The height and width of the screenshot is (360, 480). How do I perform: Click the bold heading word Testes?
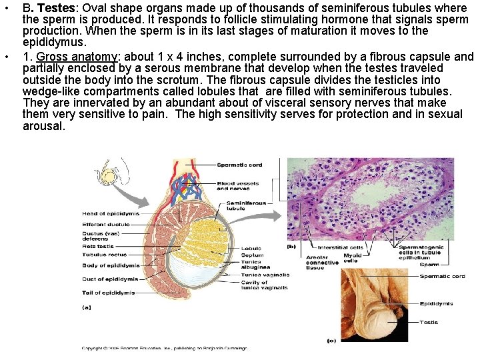tap(55, 9)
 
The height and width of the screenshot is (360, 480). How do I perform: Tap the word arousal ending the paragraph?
tap(43, 125)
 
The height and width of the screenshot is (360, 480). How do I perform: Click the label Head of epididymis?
tap(110, 213)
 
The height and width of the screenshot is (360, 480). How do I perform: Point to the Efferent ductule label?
tap(105, 225)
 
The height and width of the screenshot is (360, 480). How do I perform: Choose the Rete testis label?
tap(99, 246)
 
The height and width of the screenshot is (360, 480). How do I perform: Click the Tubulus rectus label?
tap(103, 254)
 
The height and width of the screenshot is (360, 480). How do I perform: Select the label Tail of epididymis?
tap(108, 293)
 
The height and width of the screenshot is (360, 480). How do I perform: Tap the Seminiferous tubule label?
tap(246, 205)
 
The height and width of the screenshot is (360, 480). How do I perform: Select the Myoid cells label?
tap(352, 258)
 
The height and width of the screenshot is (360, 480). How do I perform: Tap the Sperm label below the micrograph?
tap(429, 265)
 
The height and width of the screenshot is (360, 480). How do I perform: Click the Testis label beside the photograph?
tap(429, 323)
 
